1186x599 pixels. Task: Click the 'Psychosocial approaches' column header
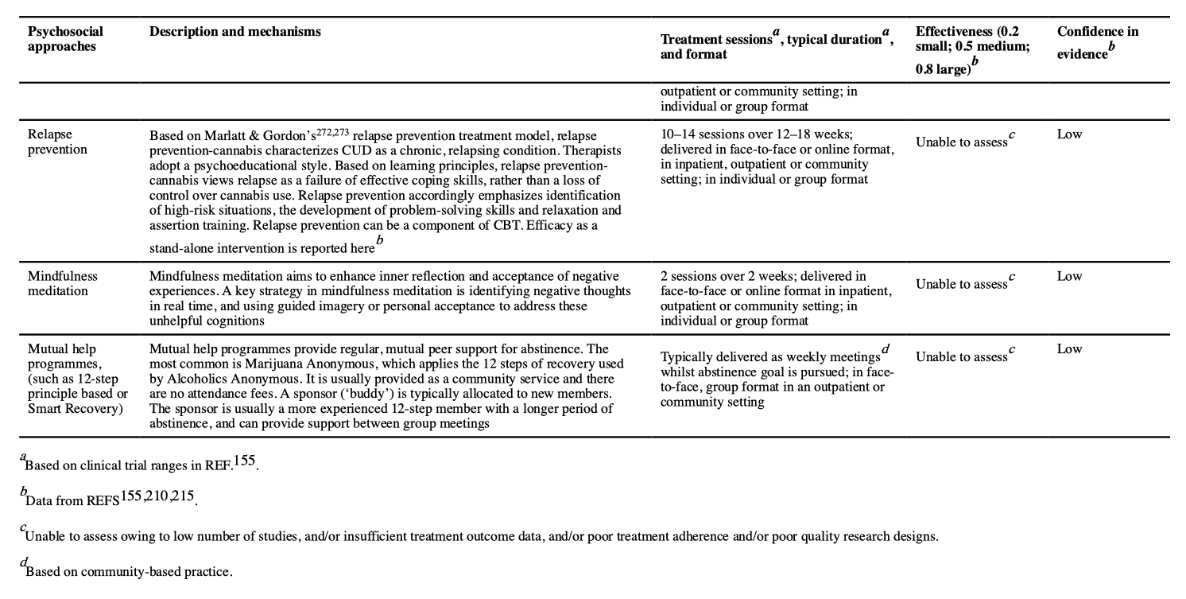(x=65, y=39)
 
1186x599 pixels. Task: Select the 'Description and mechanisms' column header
(x=235, y=32)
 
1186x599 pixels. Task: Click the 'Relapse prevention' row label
(x=56, y=142)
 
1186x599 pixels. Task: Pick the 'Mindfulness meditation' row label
(x=63, y=283)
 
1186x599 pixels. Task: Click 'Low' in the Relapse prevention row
(x=1069, y=134)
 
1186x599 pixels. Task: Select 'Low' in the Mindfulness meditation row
(x=1069, y=276)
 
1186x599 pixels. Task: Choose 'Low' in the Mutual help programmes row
(x=1069, y=349)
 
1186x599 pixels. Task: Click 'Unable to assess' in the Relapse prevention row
(x=961, y=142)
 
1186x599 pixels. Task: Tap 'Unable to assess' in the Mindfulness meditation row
(x=961, y=284)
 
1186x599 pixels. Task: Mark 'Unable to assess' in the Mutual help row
(x=961, y=357)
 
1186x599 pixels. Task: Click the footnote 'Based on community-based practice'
(x=129, y=571)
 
